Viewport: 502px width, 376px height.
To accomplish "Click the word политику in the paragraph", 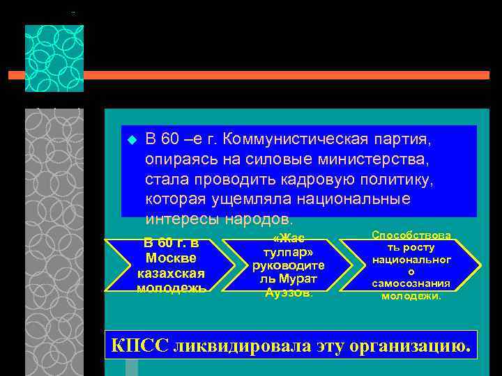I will (x=396, y=180).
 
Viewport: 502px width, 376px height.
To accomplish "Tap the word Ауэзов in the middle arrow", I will (x=288, y=292).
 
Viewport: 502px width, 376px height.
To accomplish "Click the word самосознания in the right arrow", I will (x=411, y=284).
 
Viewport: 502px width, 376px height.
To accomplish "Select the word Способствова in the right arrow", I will (x=411, y=235).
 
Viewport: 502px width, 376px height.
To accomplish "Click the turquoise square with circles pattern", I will (x=54, y=58).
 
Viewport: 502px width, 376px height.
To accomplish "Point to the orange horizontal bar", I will (x=279, y=75).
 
